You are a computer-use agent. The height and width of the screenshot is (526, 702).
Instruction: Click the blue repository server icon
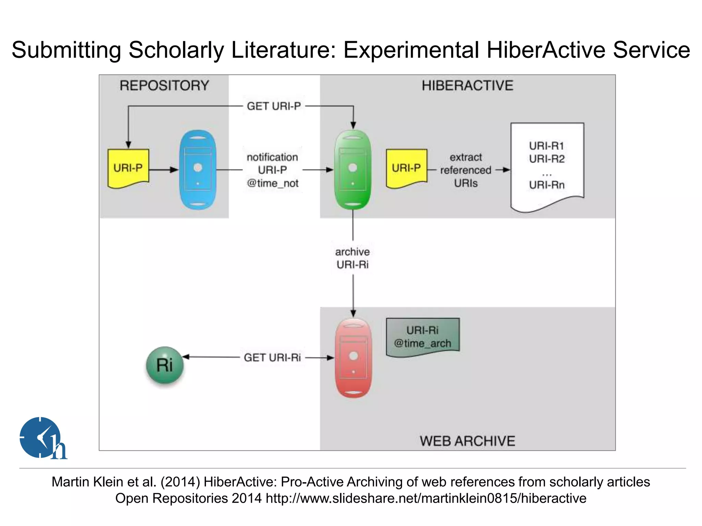point(198,170)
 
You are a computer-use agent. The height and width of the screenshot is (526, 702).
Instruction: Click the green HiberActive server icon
point(353,170)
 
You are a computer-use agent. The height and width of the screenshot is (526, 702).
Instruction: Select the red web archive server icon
point(353,358)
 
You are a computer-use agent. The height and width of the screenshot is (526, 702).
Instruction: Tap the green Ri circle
point(165,365)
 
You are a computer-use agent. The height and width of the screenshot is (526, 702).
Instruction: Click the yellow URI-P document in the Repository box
point(128,168)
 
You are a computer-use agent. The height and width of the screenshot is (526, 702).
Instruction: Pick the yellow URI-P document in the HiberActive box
point(407,168)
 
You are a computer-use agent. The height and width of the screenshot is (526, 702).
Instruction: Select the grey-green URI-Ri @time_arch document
point(423,337)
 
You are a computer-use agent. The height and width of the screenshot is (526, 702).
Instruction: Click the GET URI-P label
point(274,106)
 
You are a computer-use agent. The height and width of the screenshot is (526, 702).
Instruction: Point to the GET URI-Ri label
point(272,358)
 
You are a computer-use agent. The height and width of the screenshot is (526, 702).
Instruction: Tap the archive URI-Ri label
point(353,258)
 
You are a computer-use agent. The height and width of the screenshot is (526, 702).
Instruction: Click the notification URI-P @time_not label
point(273,170)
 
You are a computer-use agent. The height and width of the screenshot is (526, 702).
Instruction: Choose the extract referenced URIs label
point(465,170)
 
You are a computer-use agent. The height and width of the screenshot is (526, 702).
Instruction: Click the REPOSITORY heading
point(164,85)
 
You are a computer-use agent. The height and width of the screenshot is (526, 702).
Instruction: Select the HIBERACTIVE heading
point(468,85)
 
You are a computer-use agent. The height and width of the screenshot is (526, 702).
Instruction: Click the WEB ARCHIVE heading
point(468,441)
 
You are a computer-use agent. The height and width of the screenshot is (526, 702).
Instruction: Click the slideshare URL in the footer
point(426,498)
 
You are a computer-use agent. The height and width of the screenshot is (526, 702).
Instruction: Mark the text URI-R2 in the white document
point(547,159)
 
